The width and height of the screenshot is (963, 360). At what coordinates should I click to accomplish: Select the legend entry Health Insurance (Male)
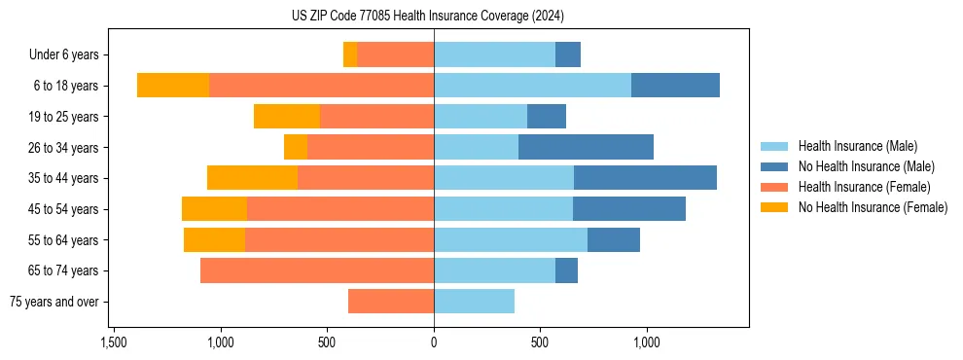(x=857, y=146)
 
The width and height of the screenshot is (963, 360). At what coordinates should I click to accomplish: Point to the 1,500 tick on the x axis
(x=114, y=342)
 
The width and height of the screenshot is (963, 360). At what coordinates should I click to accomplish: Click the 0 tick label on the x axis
(x=434, y=342)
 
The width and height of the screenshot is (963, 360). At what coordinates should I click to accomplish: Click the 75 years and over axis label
(x=54, y=302)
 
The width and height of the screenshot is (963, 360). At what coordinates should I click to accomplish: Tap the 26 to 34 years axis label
(x=64, y=148)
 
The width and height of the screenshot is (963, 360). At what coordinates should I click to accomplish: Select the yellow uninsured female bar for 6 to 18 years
(x=173, y=86)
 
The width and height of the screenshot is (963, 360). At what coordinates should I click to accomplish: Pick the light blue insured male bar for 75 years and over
(x=474, y=302)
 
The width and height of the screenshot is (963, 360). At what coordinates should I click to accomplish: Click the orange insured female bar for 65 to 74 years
(x=317, y=270)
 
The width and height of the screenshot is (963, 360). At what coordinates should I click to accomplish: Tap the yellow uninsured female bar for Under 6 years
(x=350, y=55)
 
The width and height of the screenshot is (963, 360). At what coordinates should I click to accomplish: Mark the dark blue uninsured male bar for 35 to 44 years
(x=645, y=178)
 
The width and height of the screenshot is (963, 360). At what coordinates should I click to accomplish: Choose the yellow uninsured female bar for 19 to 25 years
(x=287, y=117)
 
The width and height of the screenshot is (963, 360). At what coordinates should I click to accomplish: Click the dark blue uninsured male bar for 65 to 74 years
(x=566, y=270)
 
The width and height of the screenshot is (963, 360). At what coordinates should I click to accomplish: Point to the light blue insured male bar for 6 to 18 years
(x=532, y=86)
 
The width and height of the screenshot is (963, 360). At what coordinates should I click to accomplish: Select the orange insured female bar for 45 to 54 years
(x=340, y=209)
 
